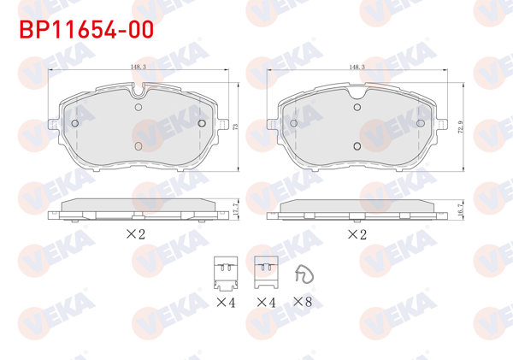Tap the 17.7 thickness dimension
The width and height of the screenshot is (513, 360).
(233, 206)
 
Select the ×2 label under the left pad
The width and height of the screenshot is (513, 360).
(137, 233)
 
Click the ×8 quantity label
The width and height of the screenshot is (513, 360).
(303, 302)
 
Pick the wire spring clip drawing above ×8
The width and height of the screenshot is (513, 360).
(302, 274)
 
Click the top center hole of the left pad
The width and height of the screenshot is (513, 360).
(139, 108)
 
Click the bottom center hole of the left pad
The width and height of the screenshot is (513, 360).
(139, 146)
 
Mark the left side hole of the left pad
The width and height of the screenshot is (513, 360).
(74, 123)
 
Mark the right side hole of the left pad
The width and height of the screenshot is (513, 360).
(202, 123)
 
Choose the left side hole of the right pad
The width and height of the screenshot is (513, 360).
(293, 123)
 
